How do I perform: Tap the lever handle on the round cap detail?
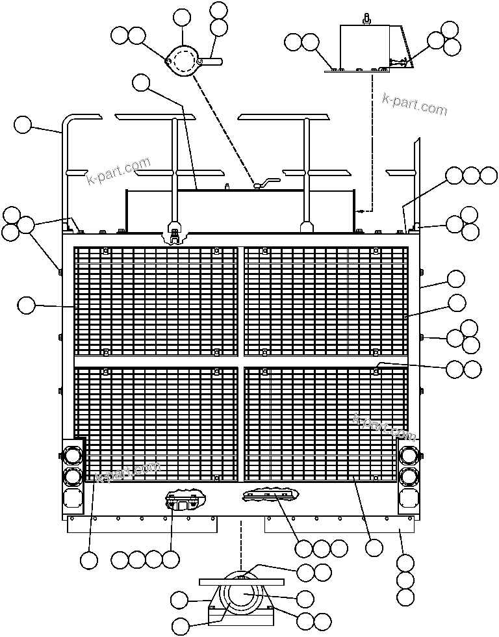tap(212, 61)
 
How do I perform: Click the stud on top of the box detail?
tap(366, 19)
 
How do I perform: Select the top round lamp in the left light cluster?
tap(72, 455)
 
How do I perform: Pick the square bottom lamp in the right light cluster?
tap(409, 498)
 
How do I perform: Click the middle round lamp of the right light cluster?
tap(409, 476)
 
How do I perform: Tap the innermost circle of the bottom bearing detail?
tap(242, 595)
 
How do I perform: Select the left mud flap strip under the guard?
tap(142, 526)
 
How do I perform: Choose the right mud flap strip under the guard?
tap(339, 526)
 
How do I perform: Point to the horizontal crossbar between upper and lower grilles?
tap(241, 361)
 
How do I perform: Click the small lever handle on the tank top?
tap(267, 183)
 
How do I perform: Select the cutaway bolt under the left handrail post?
tap(175, 236)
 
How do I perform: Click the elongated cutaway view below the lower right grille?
tap(271, 495)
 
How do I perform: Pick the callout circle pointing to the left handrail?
tap(22, 125)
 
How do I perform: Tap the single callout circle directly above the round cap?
tap(181, 18)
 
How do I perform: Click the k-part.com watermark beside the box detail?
tap(415, 105)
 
